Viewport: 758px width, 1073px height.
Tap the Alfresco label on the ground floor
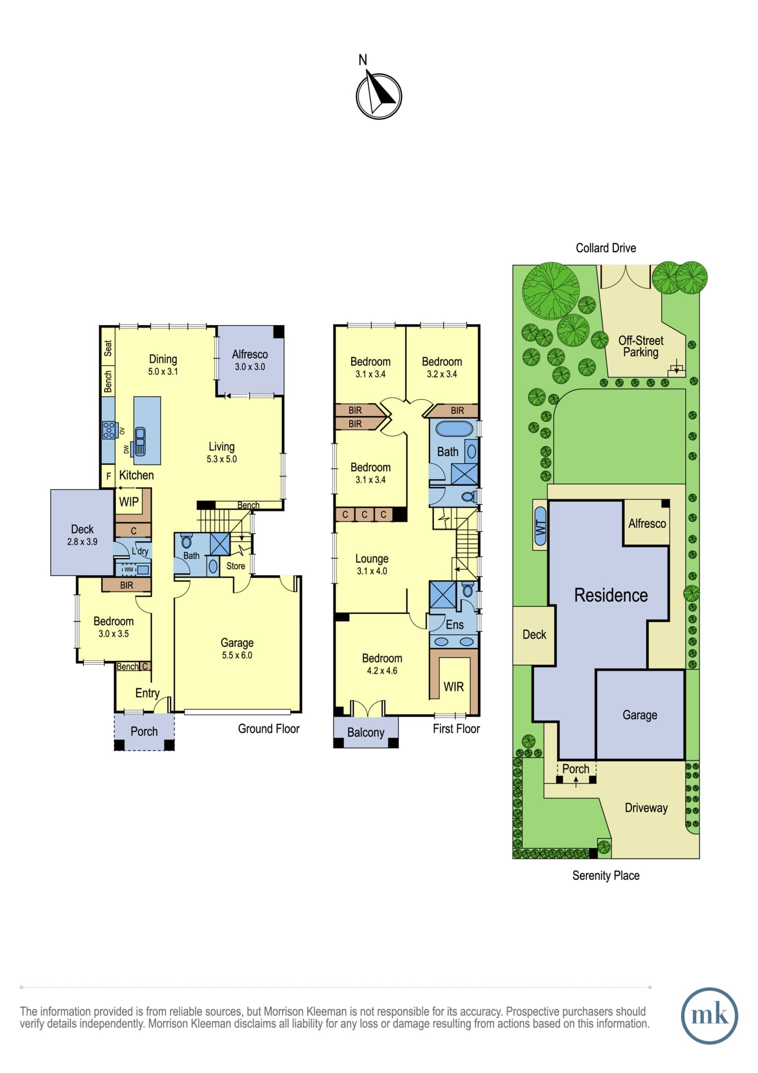[x=250, y=355]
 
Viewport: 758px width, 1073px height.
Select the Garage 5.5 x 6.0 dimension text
[x=237, y=655]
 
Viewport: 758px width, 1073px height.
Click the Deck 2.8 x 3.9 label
[x=82, y=535]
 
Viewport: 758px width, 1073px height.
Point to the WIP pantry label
[x=129, y=502]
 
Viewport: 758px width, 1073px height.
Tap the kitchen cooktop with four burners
[x=109, y=430]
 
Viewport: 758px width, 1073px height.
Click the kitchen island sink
[x=140, y=441]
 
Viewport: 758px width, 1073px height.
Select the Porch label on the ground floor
[x=144, y=731]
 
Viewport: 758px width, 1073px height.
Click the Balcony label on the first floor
[x=366, y=733]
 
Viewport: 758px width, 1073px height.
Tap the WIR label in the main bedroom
[x=454, y=687]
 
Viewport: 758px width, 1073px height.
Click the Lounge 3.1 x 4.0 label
[x=372, y=564]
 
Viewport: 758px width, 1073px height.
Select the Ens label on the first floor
[x=455, y=624]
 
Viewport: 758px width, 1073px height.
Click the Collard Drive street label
[x=606, y=248]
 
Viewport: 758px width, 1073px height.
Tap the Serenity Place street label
[x=606, y=876]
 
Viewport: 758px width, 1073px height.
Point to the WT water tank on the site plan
[x=540, y=525]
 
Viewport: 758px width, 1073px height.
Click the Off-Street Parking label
[x=641, y=347]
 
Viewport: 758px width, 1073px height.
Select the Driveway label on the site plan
[x=646, y=808]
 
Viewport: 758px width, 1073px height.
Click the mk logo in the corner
[x=709, y=1016]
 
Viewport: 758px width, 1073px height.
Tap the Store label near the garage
[x=235, y=566]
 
